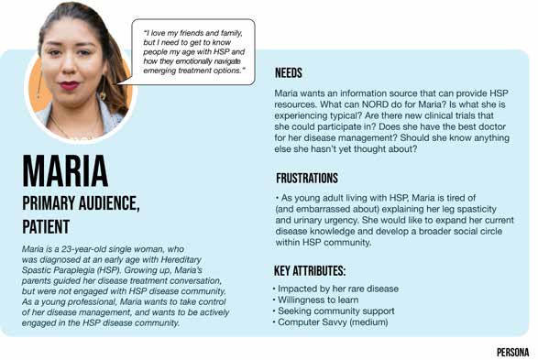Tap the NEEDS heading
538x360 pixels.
tap(289, 73)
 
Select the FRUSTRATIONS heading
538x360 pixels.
tap(307, 179)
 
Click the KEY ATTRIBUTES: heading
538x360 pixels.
tap(309, 271)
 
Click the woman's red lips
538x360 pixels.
tap(71, 86)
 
